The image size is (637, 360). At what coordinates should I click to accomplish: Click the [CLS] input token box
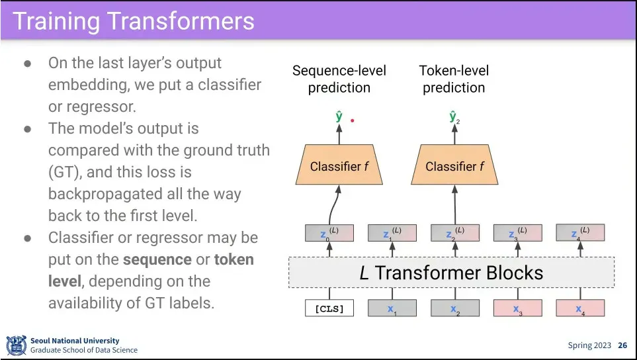(x=329, y=308)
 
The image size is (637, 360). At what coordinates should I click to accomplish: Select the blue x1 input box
(x=392, y=308)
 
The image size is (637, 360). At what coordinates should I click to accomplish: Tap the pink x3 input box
(x=517, y=308)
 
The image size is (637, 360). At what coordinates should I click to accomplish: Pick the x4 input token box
(x=580, y=308)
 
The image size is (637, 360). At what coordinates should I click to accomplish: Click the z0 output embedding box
(x=329, y=233)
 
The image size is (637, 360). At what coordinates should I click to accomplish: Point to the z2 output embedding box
(x=454, y=233)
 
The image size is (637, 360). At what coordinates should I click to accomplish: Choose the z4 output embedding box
(x=580, y=233)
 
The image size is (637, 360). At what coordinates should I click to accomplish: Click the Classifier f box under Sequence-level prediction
(x=339, y=166)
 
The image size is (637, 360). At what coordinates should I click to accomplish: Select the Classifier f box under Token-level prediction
(x=454, y=166)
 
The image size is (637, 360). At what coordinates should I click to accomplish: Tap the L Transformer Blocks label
(x=451, y=273)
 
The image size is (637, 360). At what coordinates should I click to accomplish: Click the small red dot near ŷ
(x=353, y=120)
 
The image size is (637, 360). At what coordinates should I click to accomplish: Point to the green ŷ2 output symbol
(x=454, y=118)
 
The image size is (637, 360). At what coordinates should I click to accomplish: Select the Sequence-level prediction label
(x=339, y=79)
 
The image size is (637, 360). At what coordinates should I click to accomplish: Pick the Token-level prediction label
(x=454, y=79)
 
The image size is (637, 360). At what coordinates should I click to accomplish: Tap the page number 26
(x=622, y=345)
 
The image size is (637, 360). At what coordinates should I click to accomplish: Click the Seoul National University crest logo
(x=16, y=345)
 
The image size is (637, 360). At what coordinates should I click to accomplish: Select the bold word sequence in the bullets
(x=157, y=259)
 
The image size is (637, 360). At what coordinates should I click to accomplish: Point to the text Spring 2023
(x=589, y=345)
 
